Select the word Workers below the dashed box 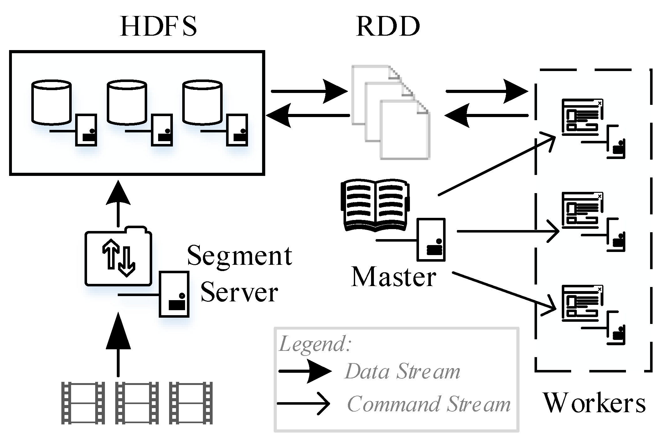(x=594, y=403)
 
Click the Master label (x=394, y=277)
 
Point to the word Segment (x=240, y=256)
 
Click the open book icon (x=375, y=205)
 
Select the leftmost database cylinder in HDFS (x=51, y=102)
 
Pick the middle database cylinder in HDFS (x=127, y=102)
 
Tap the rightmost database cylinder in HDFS (x=203, y=102)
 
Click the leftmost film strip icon (x=83, y=403)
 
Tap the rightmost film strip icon (x=191, y=403)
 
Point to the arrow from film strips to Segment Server (x=118, y=344)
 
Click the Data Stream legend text (x=402, y=372)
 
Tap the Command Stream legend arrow (x=303, y=403)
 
